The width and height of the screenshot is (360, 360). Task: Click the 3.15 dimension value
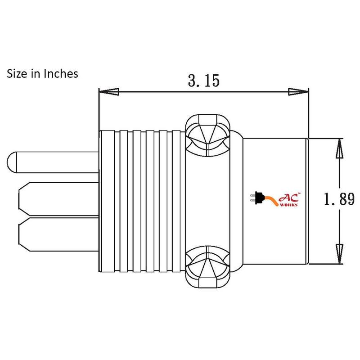pos(204,81)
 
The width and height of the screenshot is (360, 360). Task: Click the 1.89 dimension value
pos(339,199)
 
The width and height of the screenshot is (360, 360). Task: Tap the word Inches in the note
pos(61,74)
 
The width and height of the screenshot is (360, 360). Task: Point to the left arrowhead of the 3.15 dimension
pos(109,92)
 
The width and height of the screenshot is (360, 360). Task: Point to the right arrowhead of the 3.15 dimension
pos(298,92)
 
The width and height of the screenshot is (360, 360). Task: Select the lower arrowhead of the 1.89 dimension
pos(339,254)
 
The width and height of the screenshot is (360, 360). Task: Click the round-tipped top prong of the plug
pos(53,162)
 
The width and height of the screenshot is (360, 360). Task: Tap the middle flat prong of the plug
pos(59,199)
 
